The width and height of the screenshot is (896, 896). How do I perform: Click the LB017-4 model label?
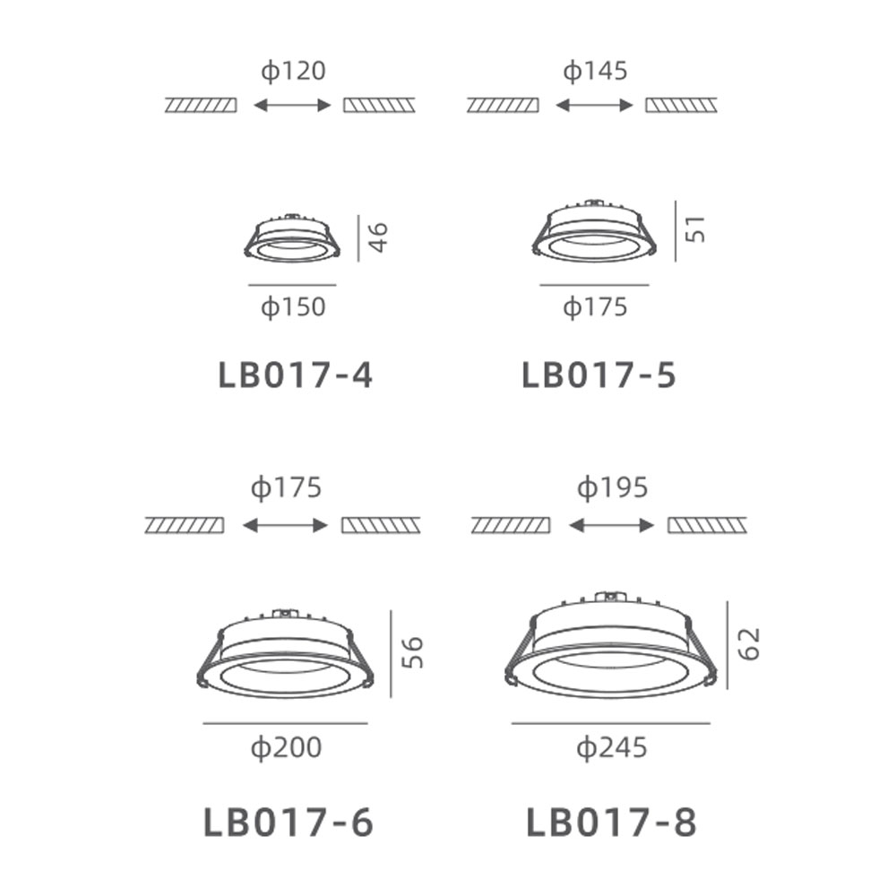296,375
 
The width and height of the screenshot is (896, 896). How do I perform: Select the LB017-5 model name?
599,375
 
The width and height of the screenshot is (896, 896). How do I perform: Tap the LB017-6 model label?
289,823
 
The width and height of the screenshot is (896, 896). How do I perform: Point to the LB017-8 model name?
611,823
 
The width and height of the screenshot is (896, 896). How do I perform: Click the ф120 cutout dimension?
293,72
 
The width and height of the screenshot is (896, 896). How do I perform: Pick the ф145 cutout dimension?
596,72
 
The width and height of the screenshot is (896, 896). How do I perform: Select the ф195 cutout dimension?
612,488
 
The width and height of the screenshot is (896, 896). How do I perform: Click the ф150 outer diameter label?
293,306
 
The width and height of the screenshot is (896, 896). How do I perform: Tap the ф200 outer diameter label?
287,747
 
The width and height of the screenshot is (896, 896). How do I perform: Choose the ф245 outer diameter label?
612,747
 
